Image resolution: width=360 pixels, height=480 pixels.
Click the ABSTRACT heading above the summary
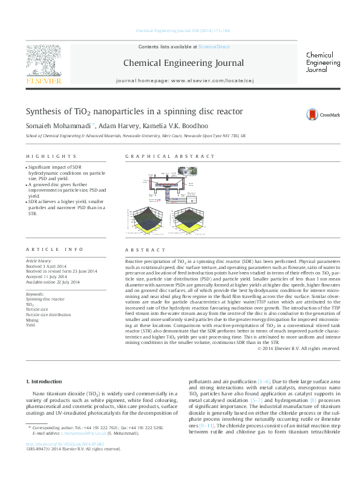pos(145,250)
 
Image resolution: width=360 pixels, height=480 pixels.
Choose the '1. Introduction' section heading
pos(46,381)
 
